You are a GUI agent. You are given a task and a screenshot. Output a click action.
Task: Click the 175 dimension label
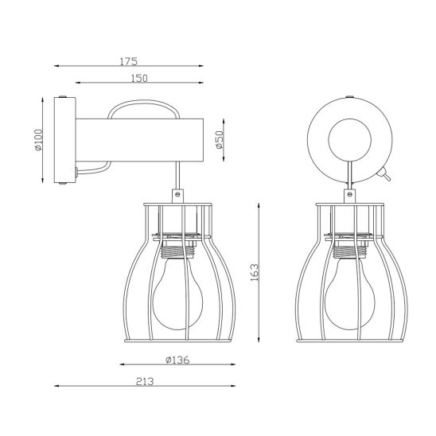pyautogui.click(x=128, y=61)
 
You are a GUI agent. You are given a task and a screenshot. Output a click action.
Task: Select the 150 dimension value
pyautogui.click(x=139, y=79)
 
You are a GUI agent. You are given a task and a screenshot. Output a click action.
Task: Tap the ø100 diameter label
pyautogui.click(x=38, y=140)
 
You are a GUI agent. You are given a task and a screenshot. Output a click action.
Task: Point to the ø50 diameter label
pyautogui.click(x=220, y=139)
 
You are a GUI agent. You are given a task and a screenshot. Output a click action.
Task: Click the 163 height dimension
pyautogui.click(x=254, y=272)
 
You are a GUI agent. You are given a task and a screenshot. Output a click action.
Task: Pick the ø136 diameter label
pyautogui.click(x=177, y=360)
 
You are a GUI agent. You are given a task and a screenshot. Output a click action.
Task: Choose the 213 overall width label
pyautogui.click(x=145, y=382)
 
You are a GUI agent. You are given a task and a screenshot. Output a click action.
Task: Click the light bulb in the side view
pyautogui.click(x=178, y=294)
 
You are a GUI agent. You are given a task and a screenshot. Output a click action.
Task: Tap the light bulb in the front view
pyautogui.click(x=350, y=294)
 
